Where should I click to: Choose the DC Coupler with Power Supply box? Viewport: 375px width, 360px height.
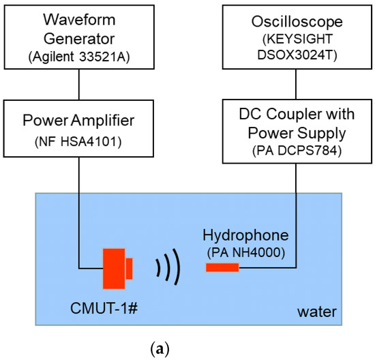click(x=295, y=132)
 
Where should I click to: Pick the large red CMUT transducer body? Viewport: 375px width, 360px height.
click(x=114, y=268)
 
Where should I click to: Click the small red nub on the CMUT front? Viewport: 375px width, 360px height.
click(x=129, y=268)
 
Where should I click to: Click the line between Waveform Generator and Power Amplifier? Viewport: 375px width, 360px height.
click(x=80, y=85)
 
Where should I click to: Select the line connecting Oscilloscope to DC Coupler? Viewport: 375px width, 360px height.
click(x=295, y=85)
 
